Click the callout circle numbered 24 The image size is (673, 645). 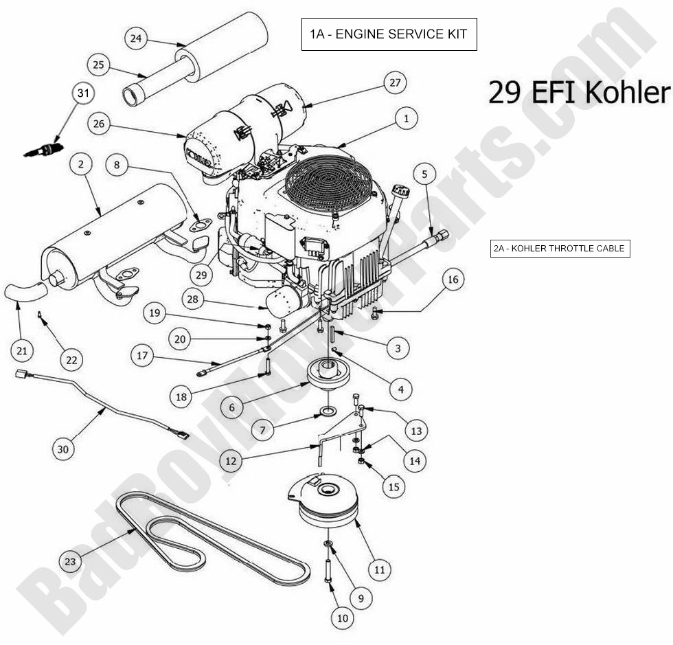pos(136,38)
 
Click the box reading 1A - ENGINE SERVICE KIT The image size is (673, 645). pos(389,34)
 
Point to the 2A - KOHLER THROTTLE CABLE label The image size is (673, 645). pos(560,249)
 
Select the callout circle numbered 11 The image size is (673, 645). pos(378,569)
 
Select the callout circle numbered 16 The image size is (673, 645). pos(452,280)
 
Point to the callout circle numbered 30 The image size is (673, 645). pos(63,449)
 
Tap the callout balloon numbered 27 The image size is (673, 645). pos(394,83)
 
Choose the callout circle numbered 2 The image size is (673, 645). pos(81,164)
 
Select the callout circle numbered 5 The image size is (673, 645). pos(424,174)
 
